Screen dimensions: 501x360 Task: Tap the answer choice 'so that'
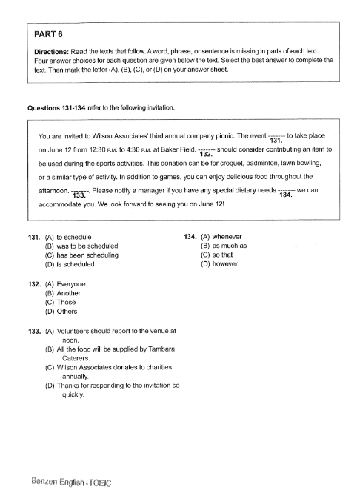pyautogui.click(x=221, y=255)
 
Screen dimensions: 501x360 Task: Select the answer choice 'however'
pyautogui.click(x=223, y=263)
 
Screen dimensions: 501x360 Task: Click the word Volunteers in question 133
pyautogui.click(x=74, y=332)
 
